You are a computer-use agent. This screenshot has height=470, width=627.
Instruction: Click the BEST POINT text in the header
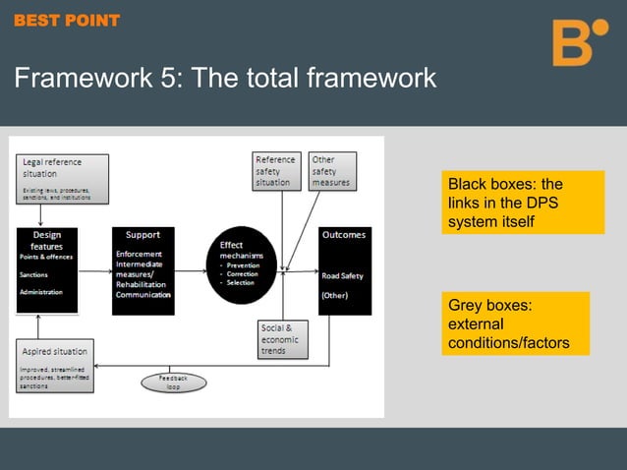67,20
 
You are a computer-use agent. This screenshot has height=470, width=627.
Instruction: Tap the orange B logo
579,42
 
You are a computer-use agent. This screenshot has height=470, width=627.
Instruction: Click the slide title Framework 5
225,78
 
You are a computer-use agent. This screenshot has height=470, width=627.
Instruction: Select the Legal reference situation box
62,178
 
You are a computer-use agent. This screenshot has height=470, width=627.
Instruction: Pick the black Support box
143,270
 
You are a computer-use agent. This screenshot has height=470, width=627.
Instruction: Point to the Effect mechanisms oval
241,263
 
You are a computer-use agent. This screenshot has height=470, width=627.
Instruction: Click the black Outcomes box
344,270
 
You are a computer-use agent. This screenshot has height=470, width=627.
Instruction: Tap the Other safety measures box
332,171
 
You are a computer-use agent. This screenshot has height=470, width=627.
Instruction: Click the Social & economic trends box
281,338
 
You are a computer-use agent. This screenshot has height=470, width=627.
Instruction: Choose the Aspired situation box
56,365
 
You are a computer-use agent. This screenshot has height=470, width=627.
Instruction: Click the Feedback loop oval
172,382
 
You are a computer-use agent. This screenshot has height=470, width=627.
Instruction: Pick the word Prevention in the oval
243,264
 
